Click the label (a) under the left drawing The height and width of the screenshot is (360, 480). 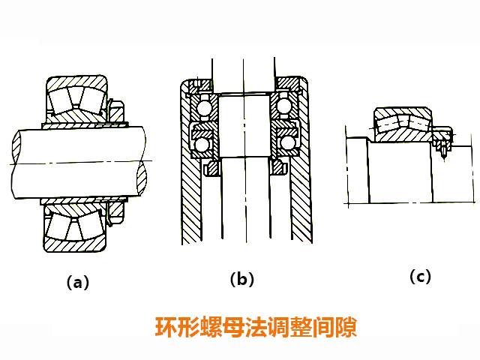78,283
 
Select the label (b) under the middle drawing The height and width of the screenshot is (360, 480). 241,280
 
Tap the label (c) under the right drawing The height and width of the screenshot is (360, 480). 420,276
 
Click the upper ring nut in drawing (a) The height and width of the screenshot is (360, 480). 114,109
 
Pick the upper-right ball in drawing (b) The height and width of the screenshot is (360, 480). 284,107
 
